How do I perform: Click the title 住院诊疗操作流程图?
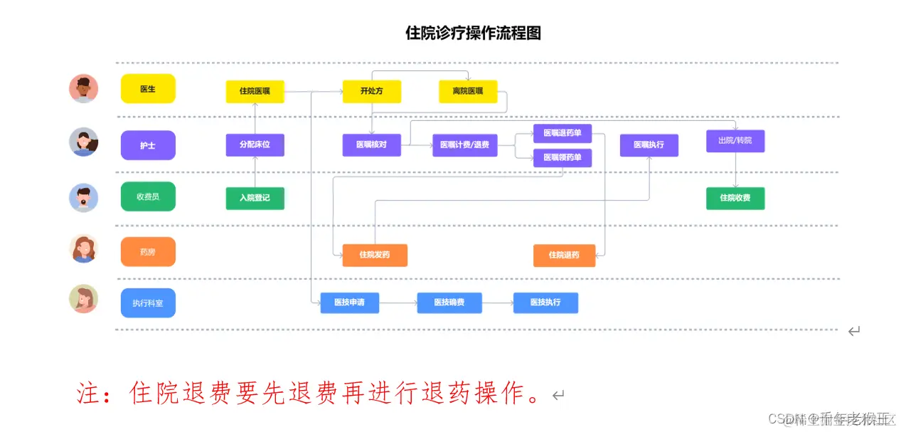coord(473,33)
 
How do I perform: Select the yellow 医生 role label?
coord(148,89)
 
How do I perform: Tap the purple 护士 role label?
coord(148,145)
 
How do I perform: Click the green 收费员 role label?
coord(148,196)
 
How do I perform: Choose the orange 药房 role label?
coord(148,251)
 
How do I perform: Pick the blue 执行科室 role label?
coord(148,303)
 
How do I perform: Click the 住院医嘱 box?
coord(255,91)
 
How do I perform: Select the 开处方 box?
coord(371,91)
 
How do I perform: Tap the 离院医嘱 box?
coord(468,91)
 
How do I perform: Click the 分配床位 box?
coord(255,144)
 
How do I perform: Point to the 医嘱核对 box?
coord(371,145)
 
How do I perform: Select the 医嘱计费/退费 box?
coord(464,145)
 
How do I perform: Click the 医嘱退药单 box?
coord(563,133)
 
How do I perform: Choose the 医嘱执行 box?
coord(649,144)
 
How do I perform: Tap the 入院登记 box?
coord(255,198)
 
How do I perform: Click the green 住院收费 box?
coord(735,198)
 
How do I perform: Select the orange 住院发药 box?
coord(374,255)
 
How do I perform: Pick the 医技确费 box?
coord(449,302)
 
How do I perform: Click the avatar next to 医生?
coord(84,89)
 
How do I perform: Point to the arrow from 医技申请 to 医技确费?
coord(398,302)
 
